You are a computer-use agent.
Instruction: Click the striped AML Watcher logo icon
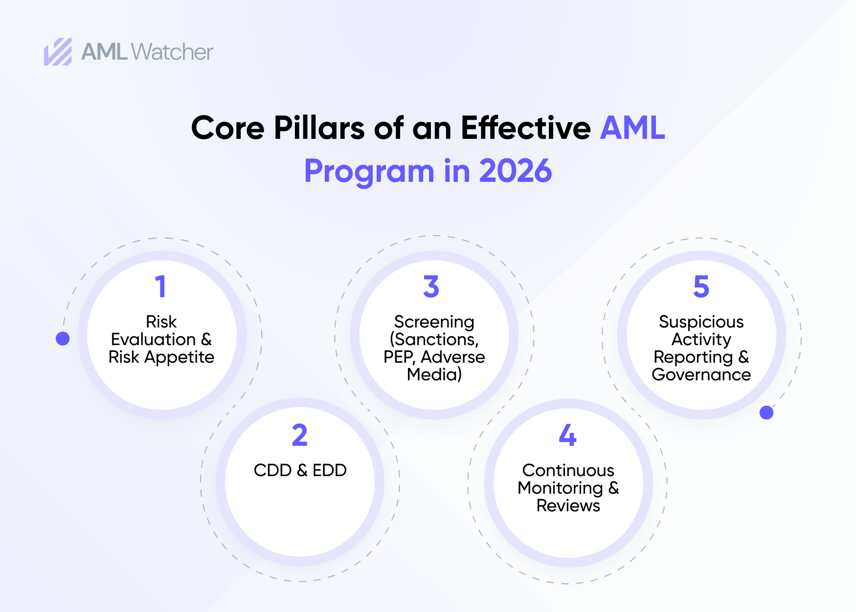pos(58,52)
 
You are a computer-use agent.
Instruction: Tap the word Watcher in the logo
pos(172,52)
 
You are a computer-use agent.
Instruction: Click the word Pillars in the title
pos(319,128)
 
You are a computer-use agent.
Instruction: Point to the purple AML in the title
pos(632,128)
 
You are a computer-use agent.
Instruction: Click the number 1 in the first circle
pos(160,286)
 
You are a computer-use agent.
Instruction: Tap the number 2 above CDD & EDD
pos(300,435)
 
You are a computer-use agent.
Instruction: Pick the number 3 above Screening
pos(431,286)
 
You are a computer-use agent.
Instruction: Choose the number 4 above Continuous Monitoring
pos(567,435)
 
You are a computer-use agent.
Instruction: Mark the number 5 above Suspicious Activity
pos(701,286)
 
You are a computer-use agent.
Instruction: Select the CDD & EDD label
pos(300,470)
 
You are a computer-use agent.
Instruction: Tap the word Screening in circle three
pos(434,322)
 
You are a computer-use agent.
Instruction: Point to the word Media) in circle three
pos(434,375)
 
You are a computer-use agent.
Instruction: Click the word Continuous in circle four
pos(568,470)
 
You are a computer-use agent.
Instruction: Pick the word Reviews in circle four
pos(568,506)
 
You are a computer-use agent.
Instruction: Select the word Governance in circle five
pos(701,375)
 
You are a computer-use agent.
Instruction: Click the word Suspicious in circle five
pos(701,322)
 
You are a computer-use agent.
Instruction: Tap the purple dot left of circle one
pos(63,338)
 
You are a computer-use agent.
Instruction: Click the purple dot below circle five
pos(766,413)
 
